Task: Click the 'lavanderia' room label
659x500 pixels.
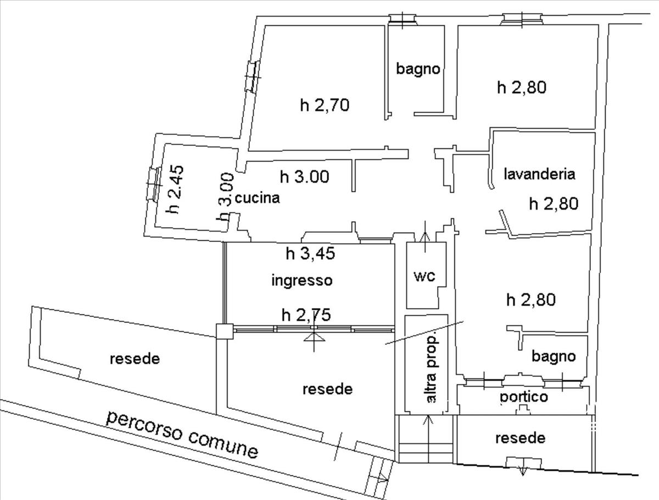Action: (539, 174)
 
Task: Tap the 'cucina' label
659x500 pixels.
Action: (258, 198)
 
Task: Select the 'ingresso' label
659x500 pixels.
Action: (303, 281)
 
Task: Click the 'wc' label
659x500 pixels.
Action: (425, 276)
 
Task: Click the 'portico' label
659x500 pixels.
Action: (524, 397)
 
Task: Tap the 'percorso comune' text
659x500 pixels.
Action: (182, 434)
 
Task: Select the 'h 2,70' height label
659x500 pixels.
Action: (325, 104)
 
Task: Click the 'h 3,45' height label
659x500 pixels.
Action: (311, 254)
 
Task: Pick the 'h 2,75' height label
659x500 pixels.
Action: (306, 315)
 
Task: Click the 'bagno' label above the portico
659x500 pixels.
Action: (554, 356)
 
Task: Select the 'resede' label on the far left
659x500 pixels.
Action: (135, 359)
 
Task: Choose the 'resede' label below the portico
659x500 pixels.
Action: (521, 438)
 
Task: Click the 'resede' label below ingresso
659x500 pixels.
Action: (328, 389)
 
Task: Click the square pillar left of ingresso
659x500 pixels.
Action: (224, 331)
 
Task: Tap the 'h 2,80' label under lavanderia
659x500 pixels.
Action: (554, 204)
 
